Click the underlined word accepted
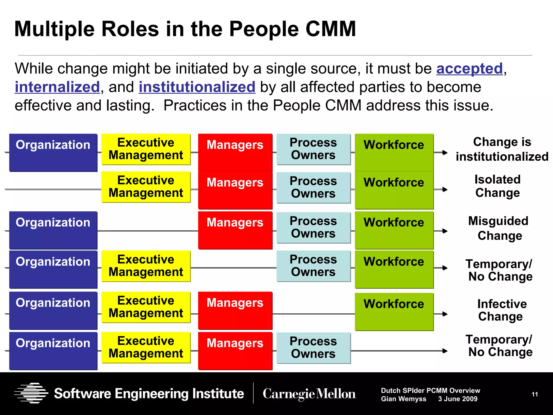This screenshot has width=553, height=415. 469,69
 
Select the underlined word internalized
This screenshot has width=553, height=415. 57,87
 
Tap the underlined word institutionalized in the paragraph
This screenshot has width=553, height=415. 197,87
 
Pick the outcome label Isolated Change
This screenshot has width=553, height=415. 497,186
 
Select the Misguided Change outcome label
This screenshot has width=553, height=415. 498,228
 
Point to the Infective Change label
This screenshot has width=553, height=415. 501,310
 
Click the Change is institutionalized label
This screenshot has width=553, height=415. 502,149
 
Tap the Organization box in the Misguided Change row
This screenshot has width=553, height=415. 53,230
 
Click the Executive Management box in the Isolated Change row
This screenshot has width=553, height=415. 146,187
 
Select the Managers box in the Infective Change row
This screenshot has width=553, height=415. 235,310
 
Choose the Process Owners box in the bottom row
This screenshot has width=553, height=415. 313,348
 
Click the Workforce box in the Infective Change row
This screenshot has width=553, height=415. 394,312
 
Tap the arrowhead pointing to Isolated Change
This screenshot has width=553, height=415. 445,190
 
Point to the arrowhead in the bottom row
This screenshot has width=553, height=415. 445,351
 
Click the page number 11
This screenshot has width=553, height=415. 535,394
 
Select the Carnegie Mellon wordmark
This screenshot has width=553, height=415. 309,394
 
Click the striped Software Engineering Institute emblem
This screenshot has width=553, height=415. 31,393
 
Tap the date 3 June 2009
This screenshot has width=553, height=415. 458,399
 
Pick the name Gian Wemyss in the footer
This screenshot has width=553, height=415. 403,399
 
